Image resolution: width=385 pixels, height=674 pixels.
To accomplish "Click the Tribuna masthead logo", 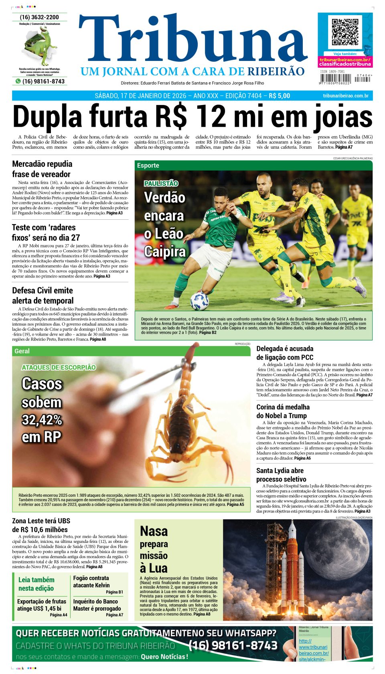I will coord(192,42).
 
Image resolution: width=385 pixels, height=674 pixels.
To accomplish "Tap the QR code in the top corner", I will coord(345,32).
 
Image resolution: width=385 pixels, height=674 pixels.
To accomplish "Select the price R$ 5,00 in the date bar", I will coord(279,96).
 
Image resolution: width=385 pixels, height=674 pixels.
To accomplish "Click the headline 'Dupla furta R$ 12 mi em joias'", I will coord(192,117).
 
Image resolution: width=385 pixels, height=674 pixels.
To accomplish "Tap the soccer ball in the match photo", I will coord(199,300).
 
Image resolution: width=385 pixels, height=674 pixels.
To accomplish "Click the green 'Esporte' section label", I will coord(148,166).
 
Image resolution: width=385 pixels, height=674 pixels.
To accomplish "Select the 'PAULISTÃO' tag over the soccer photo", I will coord(161,184).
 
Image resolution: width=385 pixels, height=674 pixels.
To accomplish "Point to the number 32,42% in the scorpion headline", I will coord(42,420).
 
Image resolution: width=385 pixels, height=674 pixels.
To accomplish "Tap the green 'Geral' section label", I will coord(22,351).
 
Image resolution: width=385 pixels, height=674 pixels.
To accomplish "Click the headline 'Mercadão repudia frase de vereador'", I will coord(42,169).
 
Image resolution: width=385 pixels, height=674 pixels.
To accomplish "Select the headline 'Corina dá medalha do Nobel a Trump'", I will coord(283,411).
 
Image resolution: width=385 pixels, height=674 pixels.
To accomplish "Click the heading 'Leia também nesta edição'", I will coord(36,584).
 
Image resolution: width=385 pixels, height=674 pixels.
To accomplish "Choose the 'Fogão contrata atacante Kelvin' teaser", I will coord(91,581).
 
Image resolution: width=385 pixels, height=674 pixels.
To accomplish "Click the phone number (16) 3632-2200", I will coord(39,17).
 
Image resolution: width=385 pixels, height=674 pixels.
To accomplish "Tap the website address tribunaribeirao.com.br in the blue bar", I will coord(345,96).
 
